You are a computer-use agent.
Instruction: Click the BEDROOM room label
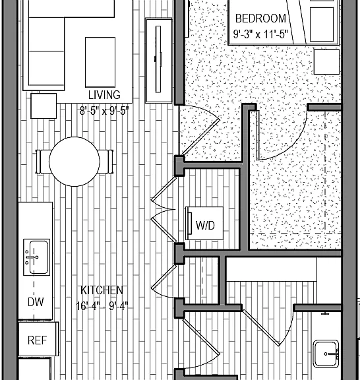point(260,18)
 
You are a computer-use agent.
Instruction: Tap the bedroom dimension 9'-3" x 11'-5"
point(260,34)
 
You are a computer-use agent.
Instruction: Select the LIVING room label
point(104,95)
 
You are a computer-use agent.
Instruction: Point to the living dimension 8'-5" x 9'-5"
point(104,111)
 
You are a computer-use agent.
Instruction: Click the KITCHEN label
point(102,290)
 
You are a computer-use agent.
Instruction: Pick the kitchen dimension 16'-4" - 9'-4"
point(102,306)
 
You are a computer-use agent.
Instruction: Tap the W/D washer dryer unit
point(204,223)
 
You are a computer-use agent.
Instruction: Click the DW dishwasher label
point(36,302)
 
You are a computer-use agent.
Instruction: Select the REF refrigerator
point(38,339)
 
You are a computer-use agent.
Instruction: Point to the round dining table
point(75,162)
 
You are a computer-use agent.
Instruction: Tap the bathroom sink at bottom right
point(326,354)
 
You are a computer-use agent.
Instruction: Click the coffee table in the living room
point(100,62)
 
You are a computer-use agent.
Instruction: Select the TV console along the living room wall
point(159,60)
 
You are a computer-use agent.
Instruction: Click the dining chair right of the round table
point(106,162)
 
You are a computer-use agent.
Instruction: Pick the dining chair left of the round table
point(43,162)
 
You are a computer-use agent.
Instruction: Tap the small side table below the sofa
point(44,106)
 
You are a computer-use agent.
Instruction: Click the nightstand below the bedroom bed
point(326,62)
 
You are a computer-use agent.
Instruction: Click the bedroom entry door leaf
point(200,137)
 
